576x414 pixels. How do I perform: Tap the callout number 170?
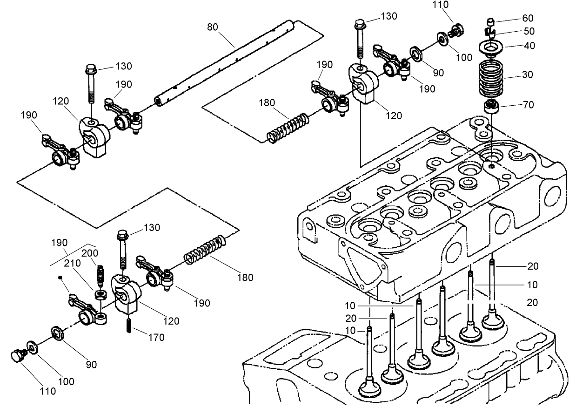pyautogui.click(x=156, y=338)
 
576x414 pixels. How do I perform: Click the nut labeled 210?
pyautogui.click(x=100, y=294)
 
